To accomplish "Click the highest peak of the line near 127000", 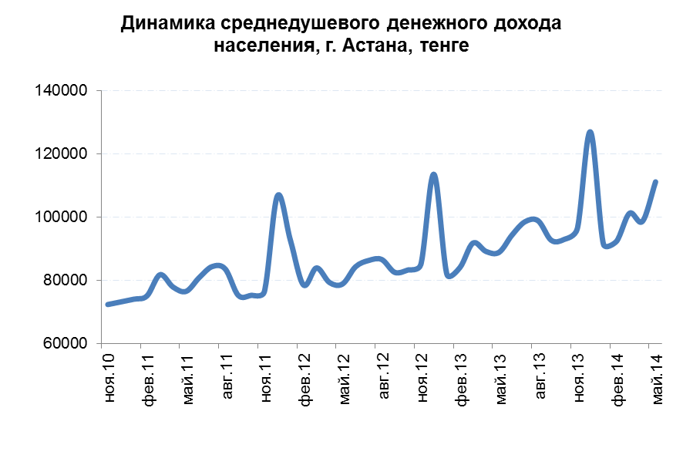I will (590, 133).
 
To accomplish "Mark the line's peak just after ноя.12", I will (434, 175).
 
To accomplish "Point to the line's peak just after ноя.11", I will (278, 195).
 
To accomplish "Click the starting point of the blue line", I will (107, 304).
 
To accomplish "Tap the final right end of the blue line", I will (656, 182).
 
